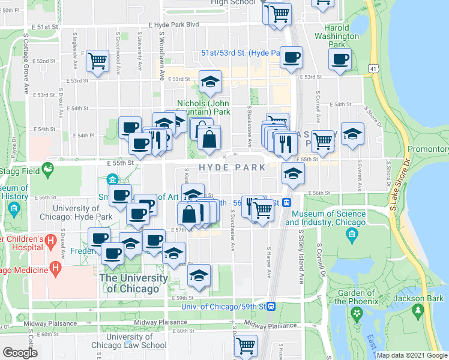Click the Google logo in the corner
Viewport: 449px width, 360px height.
20,353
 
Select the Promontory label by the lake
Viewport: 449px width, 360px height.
428,149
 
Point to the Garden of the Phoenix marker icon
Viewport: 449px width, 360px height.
357,313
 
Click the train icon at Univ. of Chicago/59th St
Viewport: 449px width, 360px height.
271,307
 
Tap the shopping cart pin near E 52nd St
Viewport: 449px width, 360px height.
97,61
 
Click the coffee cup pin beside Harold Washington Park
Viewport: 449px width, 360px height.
340,59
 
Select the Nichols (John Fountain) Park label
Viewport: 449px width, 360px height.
203,107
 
